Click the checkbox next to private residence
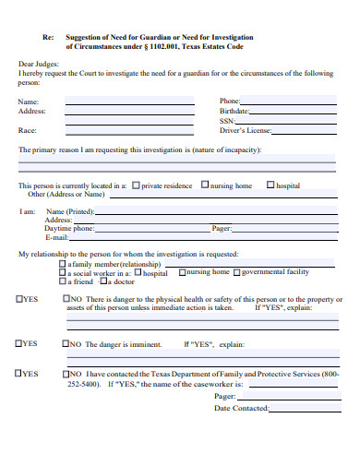coord(136,185)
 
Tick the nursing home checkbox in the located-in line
coord(205,185)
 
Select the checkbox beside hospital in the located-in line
coord(270,185)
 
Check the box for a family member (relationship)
coord(63,262)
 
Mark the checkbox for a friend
coord(63,281)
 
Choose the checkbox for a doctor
coord(104,281)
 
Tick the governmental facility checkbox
coord(236,272)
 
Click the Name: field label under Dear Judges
coord(29,101)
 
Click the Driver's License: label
coord(244,130)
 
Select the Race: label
coord(28,130)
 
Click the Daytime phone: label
coord(70,228)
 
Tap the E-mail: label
coord(58,237)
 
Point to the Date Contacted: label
coord(242,408)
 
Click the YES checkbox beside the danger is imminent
coord(19,343)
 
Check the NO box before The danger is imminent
coord(66,343)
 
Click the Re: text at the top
coord(49,37)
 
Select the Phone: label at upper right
coord(230,101)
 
